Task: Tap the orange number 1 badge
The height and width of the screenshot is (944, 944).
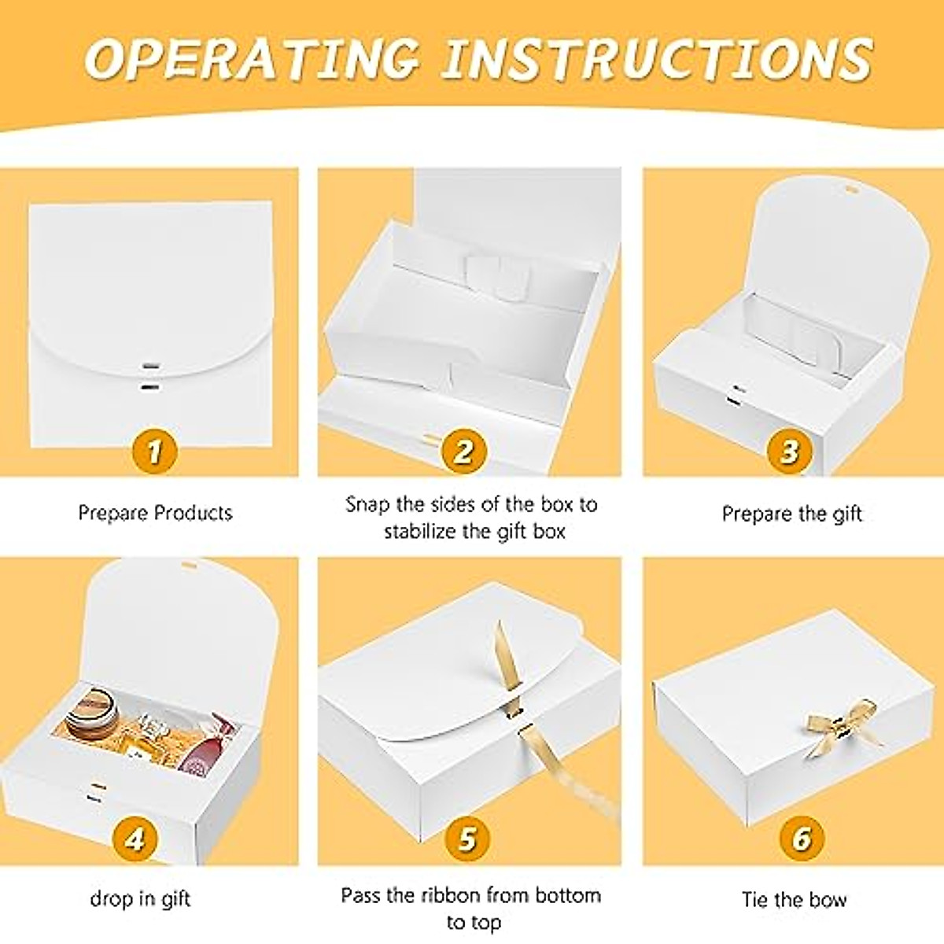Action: click(153, 452)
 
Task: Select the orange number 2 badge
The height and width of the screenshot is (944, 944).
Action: click(463, 452)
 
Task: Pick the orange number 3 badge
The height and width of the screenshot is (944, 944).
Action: click(789, 452)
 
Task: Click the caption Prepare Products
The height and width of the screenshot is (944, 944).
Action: click(155, 513)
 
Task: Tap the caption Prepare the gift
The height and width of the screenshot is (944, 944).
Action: click(792, 514)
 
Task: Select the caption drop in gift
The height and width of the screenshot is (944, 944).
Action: click(140, 898)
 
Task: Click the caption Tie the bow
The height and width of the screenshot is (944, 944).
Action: click(794, 899)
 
